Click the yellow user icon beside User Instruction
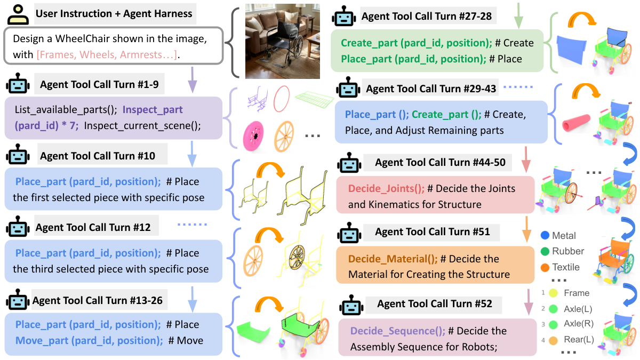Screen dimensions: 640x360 18,14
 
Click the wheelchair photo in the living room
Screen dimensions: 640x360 283,41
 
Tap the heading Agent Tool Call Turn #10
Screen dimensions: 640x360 98,156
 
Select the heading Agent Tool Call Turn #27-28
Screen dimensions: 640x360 427,17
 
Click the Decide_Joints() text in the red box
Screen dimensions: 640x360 386,189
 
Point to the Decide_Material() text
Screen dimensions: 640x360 393,259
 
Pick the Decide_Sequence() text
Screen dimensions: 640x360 398,331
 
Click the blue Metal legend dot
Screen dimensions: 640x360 545,235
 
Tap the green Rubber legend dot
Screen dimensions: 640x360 545,251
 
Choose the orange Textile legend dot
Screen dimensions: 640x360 545,267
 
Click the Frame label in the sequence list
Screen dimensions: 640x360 577,293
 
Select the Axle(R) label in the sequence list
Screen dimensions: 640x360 579,323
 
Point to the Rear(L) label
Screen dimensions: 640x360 579,339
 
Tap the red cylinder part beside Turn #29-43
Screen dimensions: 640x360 577,123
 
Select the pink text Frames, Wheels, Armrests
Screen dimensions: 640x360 107,54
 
